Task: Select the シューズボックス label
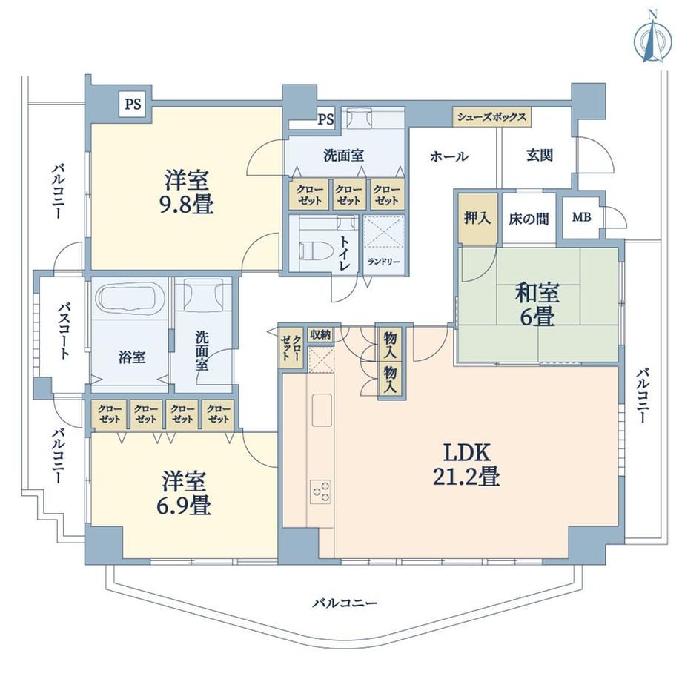pyautogui.click(x=492, y=116)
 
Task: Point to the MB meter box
pyautogui.click(x=581, y=217)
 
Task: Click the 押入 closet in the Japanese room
pyautogui.click(x=477, y=219)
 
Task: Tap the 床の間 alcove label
pyautogui.click(x=529, y=219)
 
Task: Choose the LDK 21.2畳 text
pyautogui.click(x=466, y=464)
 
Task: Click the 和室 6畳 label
pyautogui.click(x=537, y=304)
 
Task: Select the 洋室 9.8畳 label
pyautogui.click(x=188, y=192)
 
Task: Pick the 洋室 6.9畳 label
pyautogui.click(x=186, y=493)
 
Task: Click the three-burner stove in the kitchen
pyautogui.click(x=320, y=491)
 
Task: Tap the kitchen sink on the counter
pyautogui.click(x=322, y=410)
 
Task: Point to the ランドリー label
pyautogui.click(x=384, y=262)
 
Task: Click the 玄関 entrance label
pyautogui.click(x=540, y=155)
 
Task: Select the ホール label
pyautogui.click(x=450, y=156)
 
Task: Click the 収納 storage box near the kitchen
pyautogui.click(x=320, y=335)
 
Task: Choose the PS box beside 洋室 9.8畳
pyautogui.click(x=133, y=104)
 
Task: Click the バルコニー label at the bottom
pyautogui.click(x=345, y=603)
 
